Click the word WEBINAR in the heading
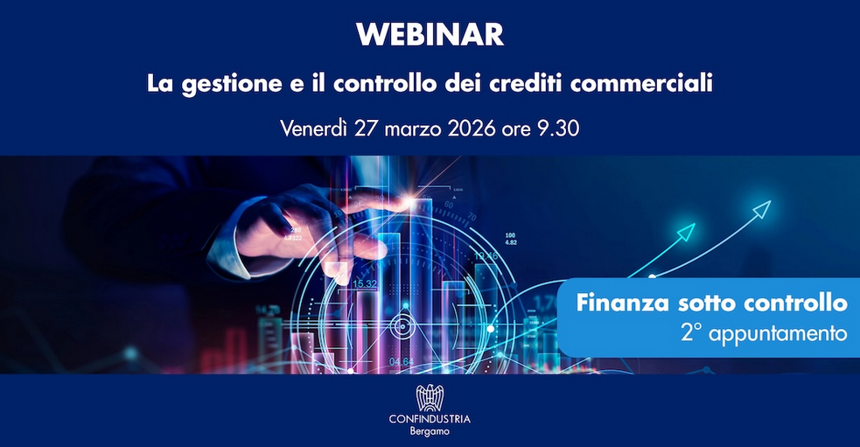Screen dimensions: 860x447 [430, 35]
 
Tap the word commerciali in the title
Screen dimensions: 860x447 [641, 83]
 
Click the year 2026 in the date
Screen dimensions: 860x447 [472, 129]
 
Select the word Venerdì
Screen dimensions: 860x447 [314, 129]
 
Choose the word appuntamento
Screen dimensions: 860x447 [778, 333]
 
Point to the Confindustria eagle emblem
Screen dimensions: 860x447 [430, 398]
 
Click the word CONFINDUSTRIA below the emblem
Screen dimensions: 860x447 [430, 420]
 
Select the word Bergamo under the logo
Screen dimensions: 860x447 [430, 431]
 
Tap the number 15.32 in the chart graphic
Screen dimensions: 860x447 [365, 284]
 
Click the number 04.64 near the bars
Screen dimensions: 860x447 [402, 362]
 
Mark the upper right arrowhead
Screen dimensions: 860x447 [762, 209]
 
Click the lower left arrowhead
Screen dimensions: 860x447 [686, 232]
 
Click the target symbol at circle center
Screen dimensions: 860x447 [403, 327]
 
